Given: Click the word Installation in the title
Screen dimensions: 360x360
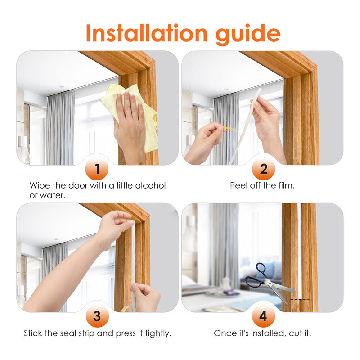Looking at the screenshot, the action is (x=147, y=33).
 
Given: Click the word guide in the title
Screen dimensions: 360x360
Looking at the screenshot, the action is (x=248, y=35).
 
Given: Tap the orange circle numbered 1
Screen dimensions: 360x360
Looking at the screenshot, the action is (x=97, y=169).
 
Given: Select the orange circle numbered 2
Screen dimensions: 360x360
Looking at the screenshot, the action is (x=263, y=169).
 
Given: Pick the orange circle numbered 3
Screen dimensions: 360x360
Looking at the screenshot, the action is (x=97, y=316).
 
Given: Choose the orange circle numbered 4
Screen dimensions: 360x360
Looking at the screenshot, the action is (x=263, y=316).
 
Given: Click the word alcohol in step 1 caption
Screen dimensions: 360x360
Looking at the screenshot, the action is (x=150, y=185).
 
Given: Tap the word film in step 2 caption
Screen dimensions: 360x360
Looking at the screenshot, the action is (x=286, y=185).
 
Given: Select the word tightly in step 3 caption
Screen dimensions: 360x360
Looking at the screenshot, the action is (x=158, y=333).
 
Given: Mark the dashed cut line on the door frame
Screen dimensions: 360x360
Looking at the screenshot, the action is (x=300, y=299).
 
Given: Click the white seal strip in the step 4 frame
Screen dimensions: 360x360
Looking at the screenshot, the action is (x=299, y=250).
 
